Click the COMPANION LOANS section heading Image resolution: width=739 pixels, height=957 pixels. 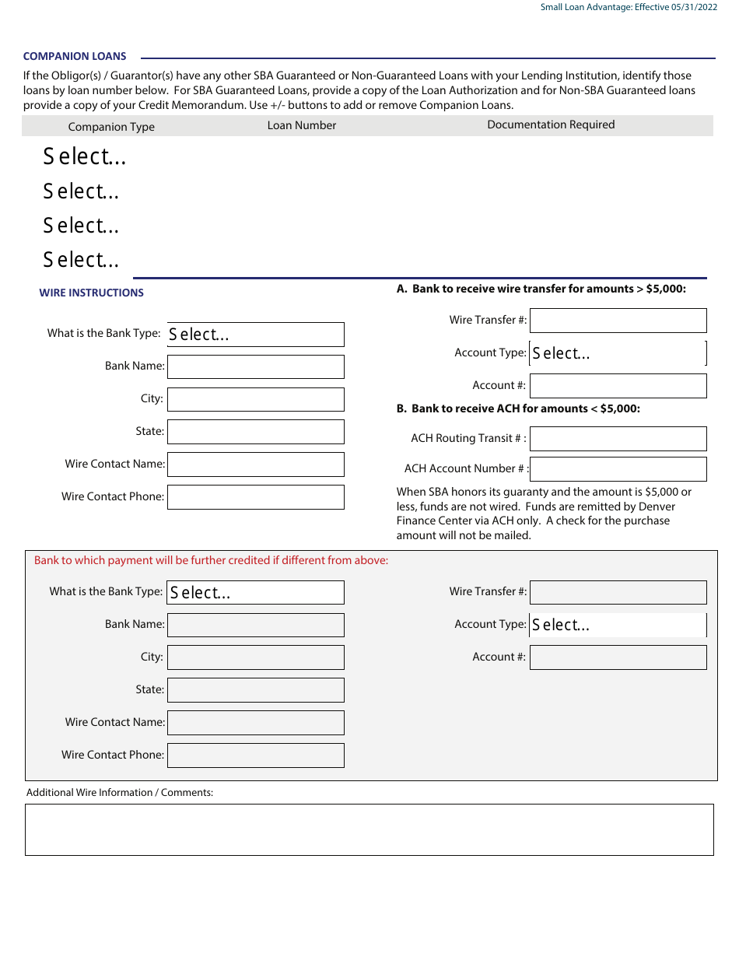click(x=75, y=57)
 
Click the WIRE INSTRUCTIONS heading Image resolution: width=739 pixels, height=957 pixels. click(x=92, y=293)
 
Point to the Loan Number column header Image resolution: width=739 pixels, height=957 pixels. click(x=302, y=125)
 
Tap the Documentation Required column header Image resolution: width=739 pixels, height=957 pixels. click(x=551, y=124)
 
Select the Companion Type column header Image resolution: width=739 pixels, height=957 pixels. click(x=111, y=127)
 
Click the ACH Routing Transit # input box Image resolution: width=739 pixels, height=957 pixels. click(x=618, y=439)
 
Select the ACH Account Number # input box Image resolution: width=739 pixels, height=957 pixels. click(x=618, y=469)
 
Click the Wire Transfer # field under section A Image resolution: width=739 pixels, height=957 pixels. click(x=618, y=321)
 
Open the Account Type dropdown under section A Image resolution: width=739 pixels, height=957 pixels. click(x=618, y=353)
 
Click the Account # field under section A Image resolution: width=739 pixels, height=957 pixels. click(x=618, y=386)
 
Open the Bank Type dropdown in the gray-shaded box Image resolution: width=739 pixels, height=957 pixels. click(x=255, y=593)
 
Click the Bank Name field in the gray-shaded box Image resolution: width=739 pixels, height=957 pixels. click(x=255, y=626)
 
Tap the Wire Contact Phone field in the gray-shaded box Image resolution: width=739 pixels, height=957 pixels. click(x=255, y=755)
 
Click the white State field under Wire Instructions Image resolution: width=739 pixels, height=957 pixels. click(x=255, y=432)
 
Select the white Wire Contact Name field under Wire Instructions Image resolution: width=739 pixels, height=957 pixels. click(x=255, y=464)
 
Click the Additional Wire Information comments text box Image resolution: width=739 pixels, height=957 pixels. click(x=369, y=830)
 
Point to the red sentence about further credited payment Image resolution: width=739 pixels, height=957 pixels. click(x=211, y=560)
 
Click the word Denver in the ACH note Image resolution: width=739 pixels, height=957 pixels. click(x=657, y=507)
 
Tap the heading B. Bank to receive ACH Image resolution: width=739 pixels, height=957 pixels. click(x=518, y=408)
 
